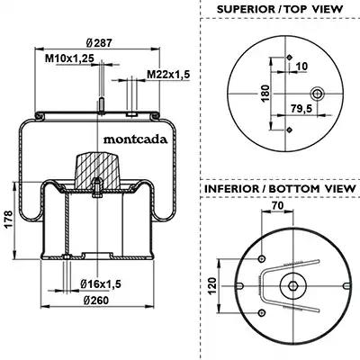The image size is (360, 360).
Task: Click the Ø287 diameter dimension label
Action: point(99,43)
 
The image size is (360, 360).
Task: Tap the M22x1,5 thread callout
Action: point(168,74)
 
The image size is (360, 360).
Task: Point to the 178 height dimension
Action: point(8,220)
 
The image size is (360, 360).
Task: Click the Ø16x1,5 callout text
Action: point(101,283)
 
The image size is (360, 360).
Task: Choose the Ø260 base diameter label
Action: point(96,300)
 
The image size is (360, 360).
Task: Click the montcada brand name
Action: point(135,139)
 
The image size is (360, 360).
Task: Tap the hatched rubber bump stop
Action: point(98,170)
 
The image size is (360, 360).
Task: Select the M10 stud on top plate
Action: point(102,105)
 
